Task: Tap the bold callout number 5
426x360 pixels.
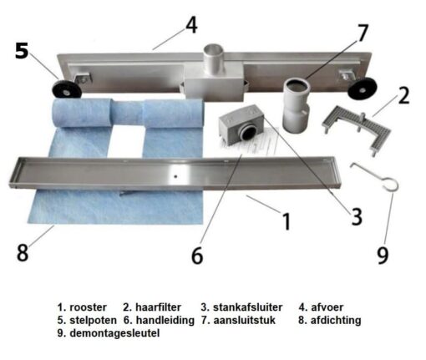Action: [22, 51]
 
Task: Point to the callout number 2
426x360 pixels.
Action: [403, 95]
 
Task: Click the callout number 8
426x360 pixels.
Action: [23, 252]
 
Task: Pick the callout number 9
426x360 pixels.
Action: [383, 255]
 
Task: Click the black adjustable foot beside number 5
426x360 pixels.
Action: [67, 89]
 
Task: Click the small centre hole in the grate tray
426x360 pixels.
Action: [175, 176]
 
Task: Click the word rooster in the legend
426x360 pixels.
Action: [88, 307]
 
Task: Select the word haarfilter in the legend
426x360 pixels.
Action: [158, 307]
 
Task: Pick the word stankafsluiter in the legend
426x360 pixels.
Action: [248, 307]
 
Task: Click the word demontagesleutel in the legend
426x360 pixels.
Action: [114, 333]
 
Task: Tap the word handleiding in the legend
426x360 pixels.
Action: [165, 320]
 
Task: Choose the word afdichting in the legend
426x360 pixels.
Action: [336, 320]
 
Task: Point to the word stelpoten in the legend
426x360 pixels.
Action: [93, 321]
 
